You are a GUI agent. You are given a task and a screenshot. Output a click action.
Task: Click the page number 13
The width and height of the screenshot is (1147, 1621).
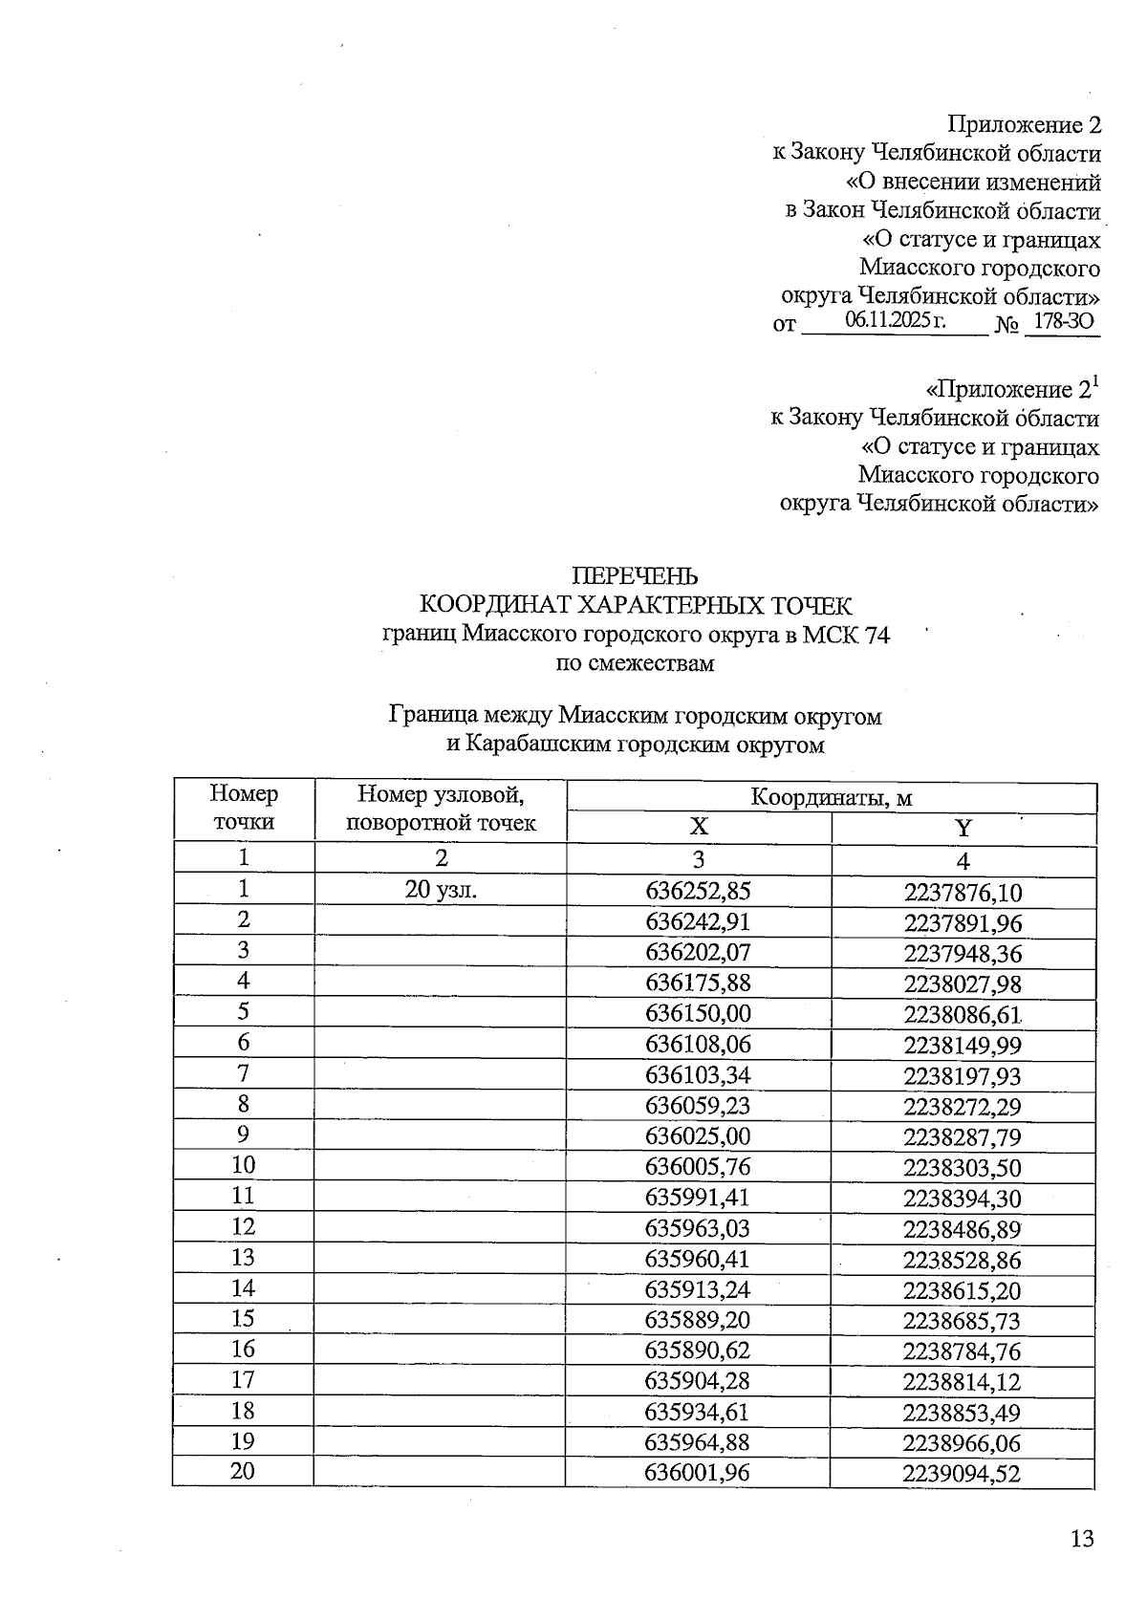[x=1081, y=1539]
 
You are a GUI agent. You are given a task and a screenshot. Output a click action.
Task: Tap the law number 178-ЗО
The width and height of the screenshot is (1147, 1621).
[x=1063, y=321]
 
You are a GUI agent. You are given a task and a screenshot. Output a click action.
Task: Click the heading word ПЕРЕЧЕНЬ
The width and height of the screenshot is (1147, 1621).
[x=635, y=576]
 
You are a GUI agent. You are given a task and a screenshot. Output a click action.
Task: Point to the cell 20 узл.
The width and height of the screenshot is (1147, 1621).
[x=441, y=890]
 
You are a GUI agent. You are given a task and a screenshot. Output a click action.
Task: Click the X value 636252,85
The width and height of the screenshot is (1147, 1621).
[x=698, y=891]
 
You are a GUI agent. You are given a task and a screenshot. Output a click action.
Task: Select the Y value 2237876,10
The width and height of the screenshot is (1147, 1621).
[x=963, y=893]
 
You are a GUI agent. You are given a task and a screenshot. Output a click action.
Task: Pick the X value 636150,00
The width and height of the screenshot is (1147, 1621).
[x=698, y=1013]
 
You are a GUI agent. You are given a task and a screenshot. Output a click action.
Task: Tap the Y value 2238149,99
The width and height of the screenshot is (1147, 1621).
[x=963, y=1046]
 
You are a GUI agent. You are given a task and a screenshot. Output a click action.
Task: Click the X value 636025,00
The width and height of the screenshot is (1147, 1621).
[x=698, y=1135]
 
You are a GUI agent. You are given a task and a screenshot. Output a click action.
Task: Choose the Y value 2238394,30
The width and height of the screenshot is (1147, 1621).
[x=963, y=1199]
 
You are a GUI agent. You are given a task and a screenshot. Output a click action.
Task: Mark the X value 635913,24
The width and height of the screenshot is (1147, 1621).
[x=698, y=1289]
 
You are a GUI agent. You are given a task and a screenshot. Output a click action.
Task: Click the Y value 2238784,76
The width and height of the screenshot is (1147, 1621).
[x=963, y=1351]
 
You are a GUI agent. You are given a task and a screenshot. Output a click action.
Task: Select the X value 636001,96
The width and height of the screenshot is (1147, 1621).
[x=698, y=1473]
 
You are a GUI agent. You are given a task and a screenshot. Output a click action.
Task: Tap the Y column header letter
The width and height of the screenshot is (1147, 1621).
[x=963, y=828]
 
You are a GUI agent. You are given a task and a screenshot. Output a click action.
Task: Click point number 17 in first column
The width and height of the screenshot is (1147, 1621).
[x=244, y=1379]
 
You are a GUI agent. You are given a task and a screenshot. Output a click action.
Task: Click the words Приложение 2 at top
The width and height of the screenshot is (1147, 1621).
[x=1024, y=124]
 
